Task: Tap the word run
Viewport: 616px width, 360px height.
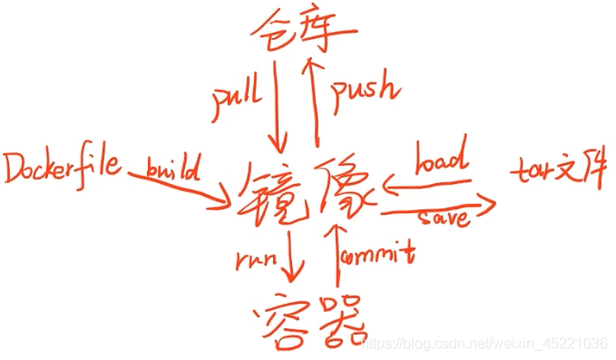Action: [x=256, y=259]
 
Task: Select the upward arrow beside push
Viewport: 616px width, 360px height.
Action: [x=314, y=100]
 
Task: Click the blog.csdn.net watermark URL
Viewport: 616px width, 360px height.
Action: [x=484, y=344]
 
